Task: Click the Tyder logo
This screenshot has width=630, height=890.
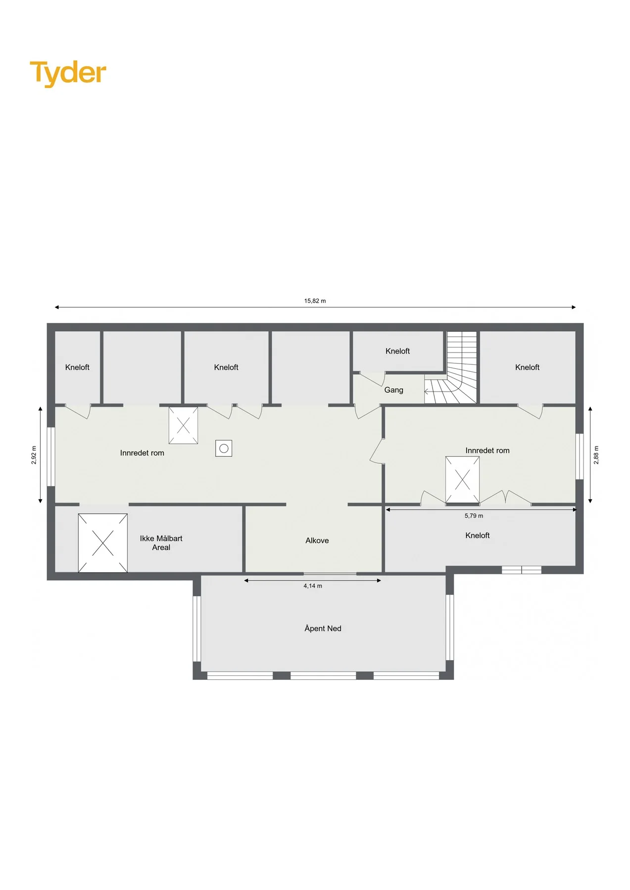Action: pos(68,73)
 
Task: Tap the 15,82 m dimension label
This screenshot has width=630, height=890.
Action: pos(315,301)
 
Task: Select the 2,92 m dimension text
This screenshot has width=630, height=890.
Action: pos(34,455)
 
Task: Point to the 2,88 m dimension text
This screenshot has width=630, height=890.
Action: pos(596,455)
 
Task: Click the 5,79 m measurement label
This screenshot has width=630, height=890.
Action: pos(474,516)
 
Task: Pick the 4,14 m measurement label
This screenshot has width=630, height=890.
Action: pos(313,586)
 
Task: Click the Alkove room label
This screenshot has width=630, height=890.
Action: pos(317,540)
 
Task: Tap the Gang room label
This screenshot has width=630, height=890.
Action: pos(394,390)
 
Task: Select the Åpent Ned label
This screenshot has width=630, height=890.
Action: pos(323,628)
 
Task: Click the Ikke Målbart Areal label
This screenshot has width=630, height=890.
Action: pos(161,543)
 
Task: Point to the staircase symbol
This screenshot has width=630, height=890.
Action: pos(451,367)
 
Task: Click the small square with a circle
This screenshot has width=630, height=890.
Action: pos(224,448)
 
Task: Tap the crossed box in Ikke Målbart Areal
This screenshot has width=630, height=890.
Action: pos(103,543)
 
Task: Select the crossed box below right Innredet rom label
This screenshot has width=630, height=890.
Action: pos(462,480)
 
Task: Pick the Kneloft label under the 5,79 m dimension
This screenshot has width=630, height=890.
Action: pos(478,535)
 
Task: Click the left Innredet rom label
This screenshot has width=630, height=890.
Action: pos(142,453)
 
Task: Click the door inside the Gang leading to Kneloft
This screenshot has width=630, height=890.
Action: pos(372,379)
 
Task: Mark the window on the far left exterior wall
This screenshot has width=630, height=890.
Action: pos(50,456)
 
